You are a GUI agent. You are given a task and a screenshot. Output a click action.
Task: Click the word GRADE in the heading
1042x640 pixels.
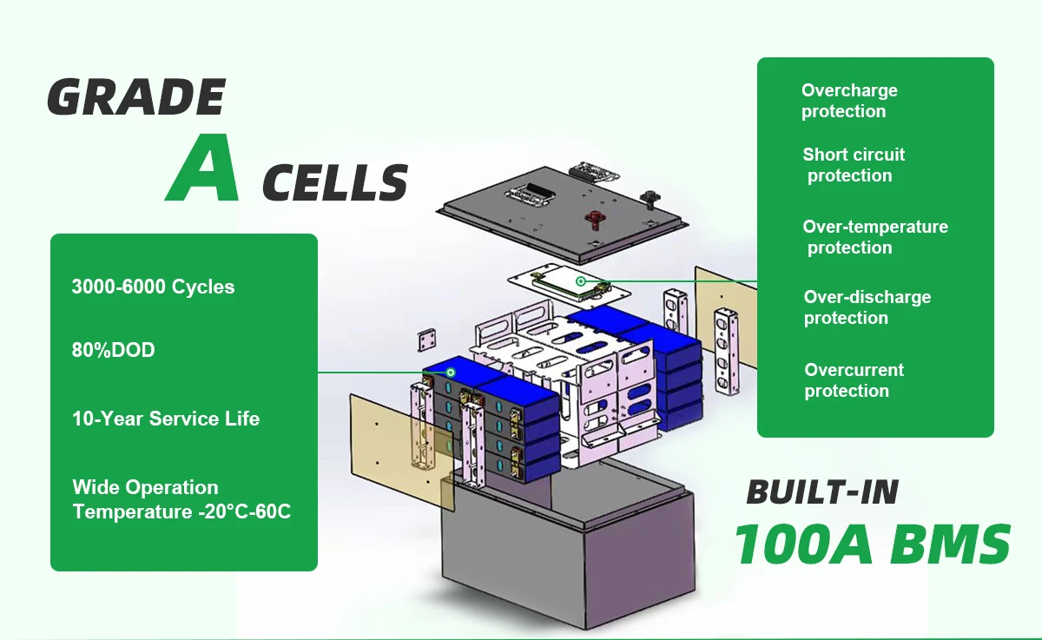135,97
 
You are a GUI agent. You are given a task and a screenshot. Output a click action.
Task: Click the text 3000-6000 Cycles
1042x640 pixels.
153,287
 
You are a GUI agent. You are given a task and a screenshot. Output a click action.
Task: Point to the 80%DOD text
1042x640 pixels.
113,351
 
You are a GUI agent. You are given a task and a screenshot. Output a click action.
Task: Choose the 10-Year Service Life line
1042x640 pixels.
166,419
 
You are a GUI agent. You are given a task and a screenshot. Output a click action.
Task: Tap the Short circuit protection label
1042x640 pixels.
854,165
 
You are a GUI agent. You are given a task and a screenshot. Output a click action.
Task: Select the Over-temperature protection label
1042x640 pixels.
875,237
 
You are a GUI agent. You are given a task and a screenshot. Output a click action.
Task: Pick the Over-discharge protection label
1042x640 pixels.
867,307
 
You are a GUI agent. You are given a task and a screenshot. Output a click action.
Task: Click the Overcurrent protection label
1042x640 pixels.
854,380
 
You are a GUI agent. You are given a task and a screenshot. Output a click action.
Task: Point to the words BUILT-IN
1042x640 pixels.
821,492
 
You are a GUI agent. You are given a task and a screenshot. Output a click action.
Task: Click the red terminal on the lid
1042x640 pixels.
594,213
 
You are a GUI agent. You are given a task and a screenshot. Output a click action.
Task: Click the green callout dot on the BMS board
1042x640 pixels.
580,281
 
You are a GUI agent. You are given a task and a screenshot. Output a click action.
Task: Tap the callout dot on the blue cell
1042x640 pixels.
451,372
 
